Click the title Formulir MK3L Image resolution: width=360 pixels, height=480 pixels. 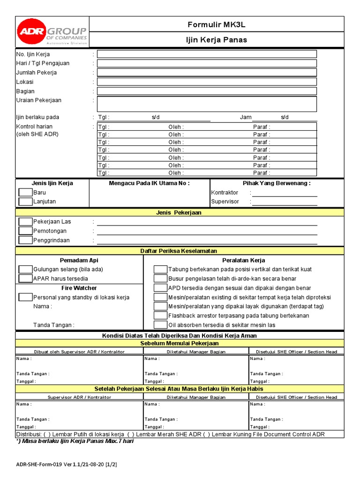click(x=217, y=25)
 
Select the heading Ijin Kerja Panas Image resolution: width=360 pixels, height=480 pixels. click(x=217, y=40)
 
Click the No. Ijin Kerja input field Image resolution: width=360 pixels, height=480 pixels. click(x=207, y=54)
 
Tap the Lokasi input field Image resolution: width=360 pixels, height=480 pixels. click(x=207, y=82)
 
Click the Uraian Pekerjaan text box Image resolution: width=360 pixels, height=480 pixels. click(x=207, y=104)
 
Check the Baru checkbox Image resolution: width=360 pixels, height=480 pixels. click(x=25, y=193)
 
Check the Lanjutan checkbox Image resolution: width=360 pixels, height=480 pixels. click(x=25, y=202)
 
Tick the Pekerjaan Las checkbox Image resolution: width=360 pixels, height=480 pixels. click(x=25, y=222)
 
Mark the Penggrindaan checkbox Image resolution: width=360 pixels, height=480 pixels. click(x=25, y=240)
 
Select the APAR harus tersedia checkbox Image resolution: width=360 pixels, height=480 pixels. click(x=25, y=278)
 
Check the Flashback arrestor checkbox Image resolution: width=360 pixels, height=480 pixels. click(x=160, y=316)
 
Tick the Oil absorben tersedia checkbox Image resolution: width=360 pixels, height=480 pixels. click(x=160, y=325)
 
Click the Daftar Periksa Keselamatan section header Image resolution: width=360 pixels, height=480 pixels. click(x=179, y=251)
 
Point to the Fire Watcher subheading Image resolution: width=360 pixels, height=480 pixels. click(x=79, y=288)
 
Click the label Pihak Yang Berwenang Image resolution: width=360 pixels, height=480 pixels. click(x=277, y=183)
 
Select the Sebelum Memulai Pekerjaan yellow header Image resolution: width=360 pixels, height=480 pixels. click(x=179, y=343)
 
